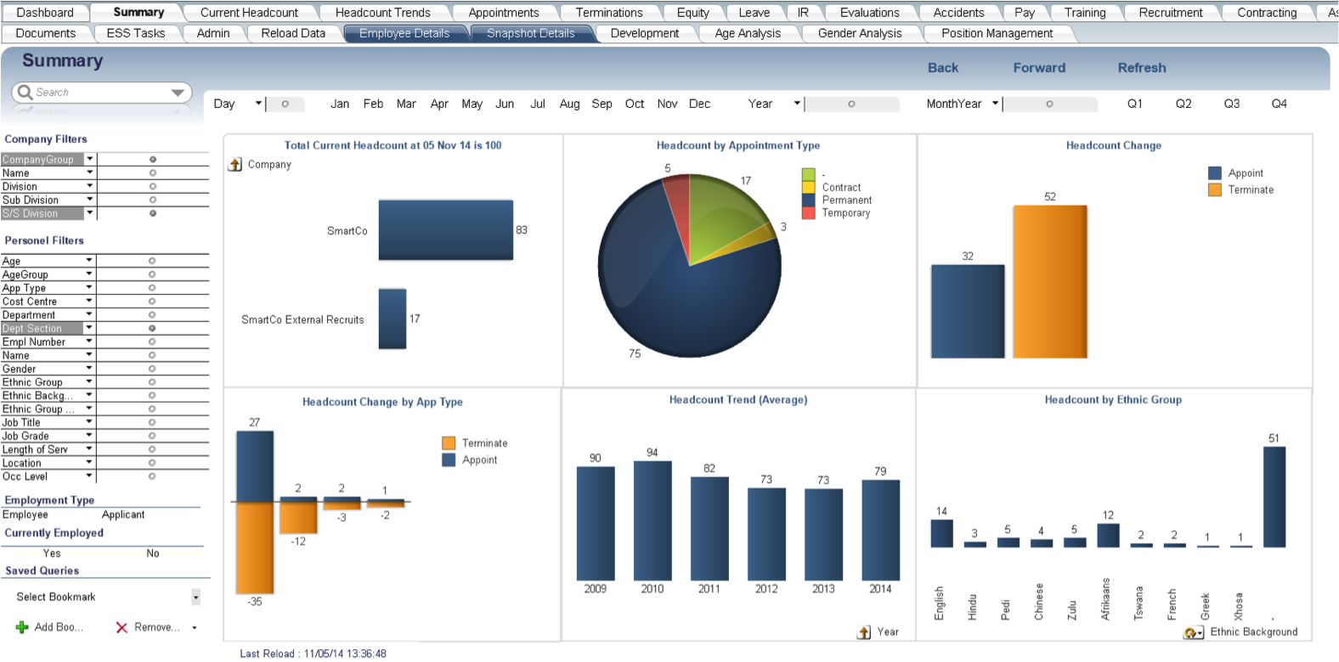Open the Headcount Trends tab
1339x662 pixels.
[x=382, y=13]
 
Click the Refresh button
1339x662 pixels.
[x=1141, y=68]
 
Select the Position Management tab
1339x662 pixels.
[x=997, y=33]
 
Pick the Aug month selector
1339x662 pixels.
[x=569, y=104]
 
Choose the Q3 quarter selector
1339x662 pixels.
[x=1231, y=104]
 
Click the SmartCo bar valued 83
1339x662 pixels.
[x=445, y=229]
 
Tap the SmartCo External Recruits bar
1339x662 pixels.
[x=393, y=319]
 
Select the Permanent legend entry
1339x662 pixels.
[x=846, y=201]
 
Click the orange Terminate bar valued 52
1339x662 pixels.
[x=1049, y=281]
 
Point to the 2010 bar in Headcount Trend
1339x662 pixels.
[x=653, y=520]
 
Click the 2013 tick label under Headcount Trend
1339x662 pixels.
[x=822, y=588]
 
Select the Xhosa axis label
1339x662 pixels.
[x=1238, y=605]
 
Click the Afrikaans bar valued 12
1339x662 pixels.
[x=1108, y=535]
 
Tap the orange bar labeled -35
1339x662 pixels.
[x=255, y=547]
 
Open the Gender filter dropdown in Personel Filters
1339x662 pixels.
[x=89, y=369]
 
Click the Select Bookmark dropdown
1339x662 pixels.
[x=195, y=597]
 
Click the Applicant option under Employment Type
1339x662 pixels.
[x=123, y=515]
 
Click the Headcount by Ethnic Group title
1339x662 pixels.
[x=1113, y=399]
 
